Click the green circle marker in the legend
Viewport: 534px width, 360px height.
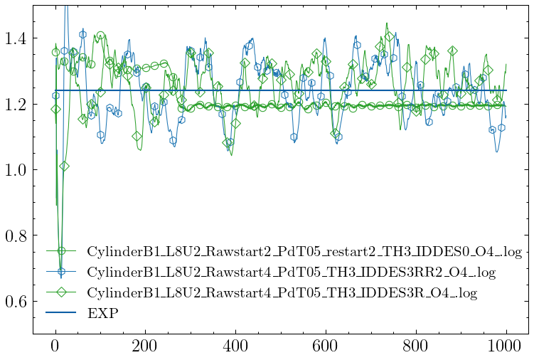click(62, 251)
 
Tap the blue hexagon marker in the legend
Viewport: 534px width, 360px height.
click(62, 272)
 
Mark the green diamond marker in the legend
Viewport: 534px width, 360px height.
click(62, 292)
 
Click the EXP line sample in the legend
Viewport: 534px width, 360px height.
click(62, 312)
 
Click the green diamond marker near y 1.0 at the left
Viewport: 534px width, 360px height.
click(65, 166)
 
